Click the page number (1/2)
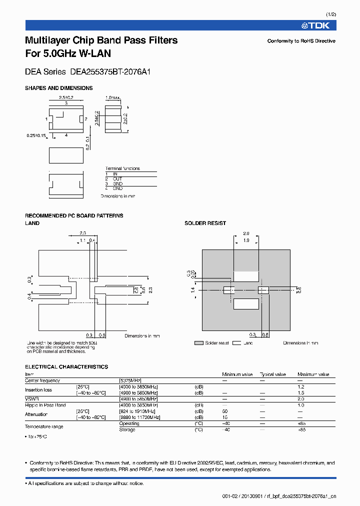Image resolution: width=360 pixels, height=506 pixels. point(330,15)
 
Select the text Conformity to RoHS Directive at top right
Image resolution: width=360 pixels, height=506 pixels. point(301,41)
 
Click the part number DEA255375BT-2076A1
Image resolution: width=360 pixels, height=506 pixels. point(110,71)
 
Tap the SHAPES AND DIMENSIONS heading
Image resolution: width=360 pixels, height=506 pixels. point(59,88)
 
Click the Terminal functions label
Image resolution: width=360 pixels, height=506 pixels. point(122,168)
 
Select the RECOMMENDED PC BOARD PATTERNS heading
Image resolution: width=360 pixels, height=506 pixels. point(74,215)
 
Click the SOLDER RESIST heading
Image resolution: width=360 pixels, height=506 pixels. point(205,223)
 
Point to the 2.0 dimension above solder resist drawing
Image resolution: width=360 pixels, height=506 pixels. point(246,233)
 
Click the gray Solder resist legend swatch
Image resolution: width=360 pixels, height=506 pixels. point(199,343)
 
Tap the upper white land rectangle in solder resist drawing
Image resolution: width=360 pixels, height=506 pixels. point(246,275)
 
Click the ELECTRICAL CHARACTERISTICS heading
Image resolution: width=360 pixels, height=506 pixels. point(66,366)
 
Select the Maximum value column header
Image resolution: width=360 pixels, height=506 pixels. point(313,374)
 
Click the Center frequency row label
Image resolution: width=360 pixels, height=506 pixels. point(42,380)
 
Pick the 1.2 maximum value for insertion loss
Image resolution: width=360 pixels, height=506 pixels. point(301,387)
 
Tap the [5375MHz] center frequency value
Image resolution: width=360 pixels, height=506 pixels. point(131,380)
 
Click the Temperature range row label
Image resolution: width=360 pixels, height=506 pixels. point(44,426)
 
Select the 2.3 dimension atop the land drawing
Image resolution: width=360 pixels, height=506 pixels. point(83,233)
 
